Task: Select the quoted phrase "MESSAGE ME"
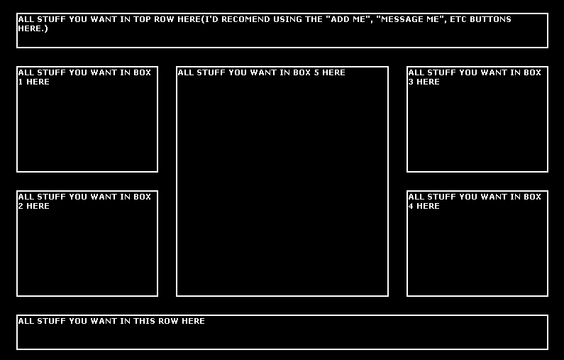(411, 19)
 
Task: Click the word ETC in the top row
(458, 19)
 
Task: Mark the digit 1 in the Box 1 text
(21, 82)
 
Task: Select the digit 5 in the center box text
(316, 72)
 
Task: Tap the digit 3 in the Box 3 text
(411, 82)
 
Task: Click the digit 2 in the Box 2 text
(21, 206)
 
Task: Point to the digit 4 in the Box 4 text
(411, 206)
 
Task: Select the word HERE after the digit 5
(333, 72)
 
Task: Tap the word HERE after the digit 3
(428, 82)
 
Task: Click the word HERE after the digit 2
(38, 206)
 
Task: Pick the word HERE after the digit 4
(428, 206)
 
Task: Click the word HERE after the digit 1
(38, 82)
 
